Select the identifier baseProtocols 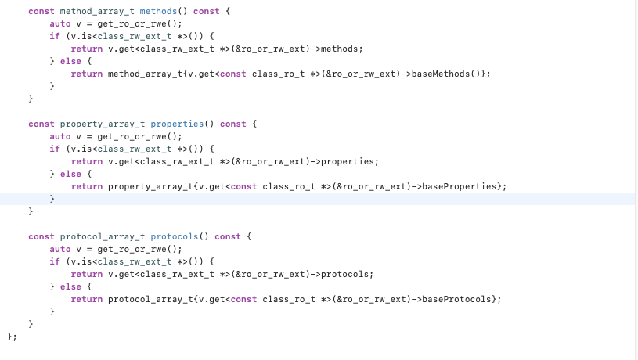pyautogui.click(x=459, y=299)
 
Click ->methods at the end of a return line pyautogui.click(x=344, y=49)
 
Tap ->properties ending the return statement pyautogui.click(x=351, y=161)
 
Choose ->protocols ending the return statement pyautogui.click(x=349, y=274)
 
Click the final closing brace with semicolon pyautogui.click(x=11, y=337)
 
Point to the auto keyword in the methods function pyautogui.click(x=59, y=23)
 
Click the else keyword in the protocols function pyautogui.click(x=70, y=286)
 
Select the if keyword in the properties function pyautogui.click(x=54, y=149)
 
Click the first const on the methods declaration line pyautogui.click(x=41, y=11)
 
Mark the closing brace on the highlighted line pyautogui.click(x=52, y=199)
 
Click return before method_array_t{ pyautogui.click(x=86, y=74)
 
